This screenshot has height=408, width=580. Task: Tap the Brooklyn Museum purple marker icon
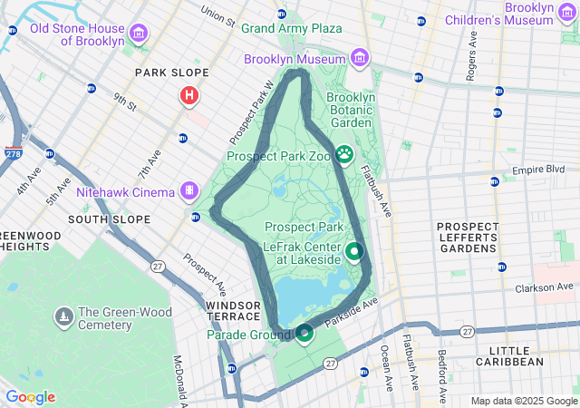point(361,59)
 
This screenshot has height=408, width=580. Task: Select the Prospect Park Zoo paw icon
point(344,155)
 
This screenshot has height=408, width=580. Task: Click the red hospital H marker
point(189,95)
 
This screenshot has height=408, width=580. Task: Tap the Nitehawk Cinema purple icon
point(188,191)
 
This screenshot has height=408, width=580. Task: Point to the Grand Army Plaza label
point(291,28)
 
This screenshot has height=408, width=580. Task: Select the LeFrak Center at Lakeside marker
point(354,251)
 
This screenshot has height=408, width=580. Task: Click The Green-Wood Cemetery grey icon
point(64,316)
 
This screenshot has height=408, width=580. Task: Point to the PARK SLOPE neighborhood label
point(171,73)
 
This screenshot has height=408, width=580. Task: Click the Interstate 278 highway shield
point(14,155)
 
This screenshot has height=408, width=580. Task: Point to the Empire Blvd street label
point(538,170)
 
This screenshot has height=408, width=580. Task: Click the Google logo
point(31,397)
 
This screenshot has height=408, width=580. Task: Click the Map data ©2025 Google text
point(523,401)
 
